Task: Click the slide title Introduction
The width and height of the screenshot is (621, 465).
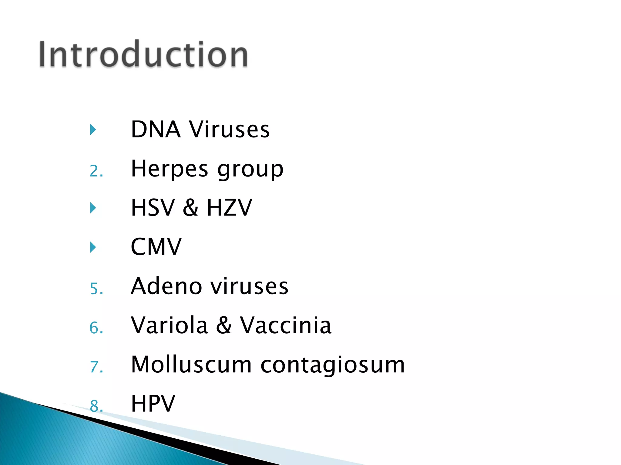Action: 143,54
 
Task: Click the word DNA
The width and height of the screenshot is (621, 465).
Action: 156,129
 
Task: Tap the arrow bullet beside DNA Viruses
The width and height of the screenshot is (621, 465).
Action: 93,130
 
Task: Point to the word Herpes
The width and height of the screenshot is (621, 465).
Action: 170,169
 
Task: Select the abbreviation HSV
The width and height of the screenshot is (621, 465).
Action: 153,208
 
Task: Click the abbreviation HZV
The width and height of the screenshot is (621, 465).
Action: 229,208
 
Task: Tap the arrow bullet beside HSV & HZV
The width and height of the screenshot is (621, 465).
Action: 93,208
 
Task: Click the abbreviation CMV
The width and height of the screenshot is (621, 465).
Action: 156,247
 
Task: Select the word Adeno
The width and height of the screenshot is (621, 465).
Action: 166,286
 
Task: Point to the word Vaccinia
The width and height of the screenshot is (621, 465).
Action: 286,325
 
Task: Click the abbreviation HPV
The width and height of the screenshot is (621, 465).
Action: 153,403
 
